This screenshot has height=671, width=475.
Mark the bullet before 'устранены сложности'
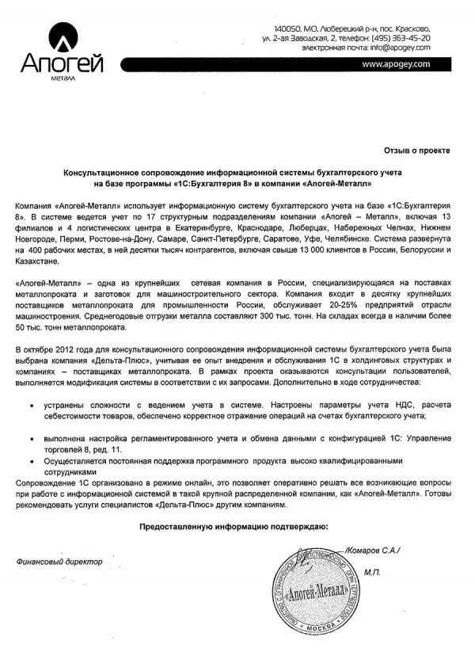coord(31,406)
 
